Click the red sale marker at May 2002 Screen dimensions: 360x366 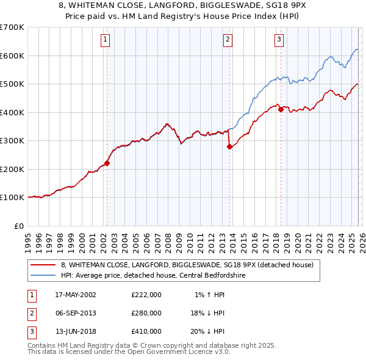(x=107, y=163)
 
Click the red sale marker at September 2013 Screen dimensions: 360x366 (x=229, y=146)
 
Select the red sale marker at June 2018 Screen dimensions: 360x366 (x=281, y=110)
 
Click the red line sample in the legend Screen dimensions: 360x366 (x=43, y=265)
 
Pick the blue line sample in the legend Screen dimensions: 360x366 (x=43, y=275)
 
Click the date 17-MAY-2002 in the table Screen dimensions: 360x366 (x=76, y=295)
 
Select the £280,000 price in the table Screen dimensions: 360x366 (x=146, y=313)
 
